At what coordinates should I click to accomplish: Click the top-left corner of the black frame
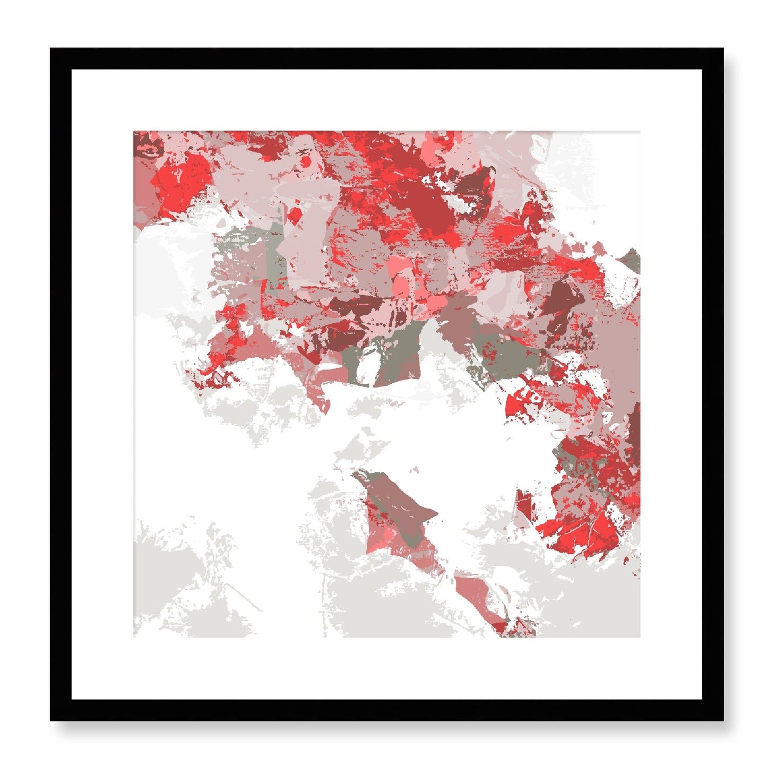(51, 49)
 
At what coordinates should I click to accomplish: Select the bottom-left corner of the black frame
(51, 720)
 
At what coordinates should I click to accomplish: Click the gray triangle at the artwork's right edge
(632, 260)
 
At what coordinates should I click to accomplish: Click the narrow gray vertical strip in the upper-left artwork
(275, 249)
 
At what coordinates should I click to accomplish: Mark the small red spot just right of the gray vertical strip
(294, 214)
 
